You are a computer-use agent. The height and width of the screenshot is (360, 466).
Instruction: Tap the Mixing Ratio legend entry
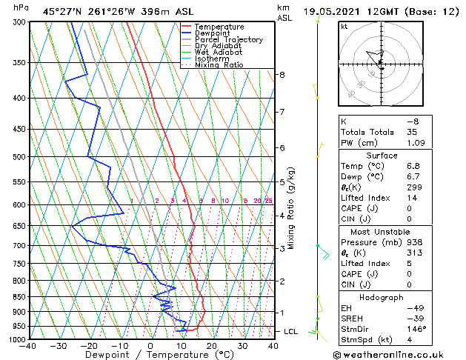219,65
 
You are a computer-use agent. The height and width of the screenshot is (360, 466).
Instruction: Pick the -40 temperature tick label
28,345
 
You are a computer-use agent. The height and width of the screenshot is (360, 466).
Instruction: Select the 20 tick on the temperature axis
211,345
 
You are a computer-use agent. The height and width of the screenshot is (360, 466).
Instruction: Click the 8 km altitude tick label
282,75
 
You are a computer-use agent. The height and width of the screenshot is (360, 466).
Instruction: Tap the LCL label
291,331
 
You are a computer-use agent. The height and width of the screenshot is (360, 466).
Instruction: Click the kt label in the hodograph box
344,27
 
